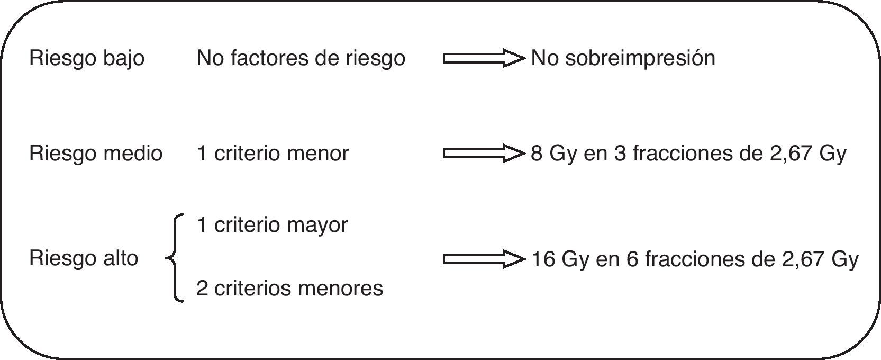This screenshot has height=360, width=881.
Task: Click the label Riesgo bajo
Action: coord(87,58)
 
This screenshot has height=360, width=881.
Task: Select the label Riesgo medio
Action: coord(96,154)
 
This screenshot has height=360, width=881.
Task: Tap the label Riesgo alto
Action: coord(84,258)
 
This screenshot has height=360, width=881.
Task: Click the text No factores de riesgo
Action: coord(301,58)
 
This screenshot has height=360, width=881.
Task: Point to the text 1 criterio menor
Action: coord(273,154)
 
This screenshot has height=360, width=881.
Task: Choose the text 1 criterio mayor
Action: coord(272,225)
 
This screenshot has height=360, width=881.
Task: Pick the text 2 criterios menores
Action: coord(289,289)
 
